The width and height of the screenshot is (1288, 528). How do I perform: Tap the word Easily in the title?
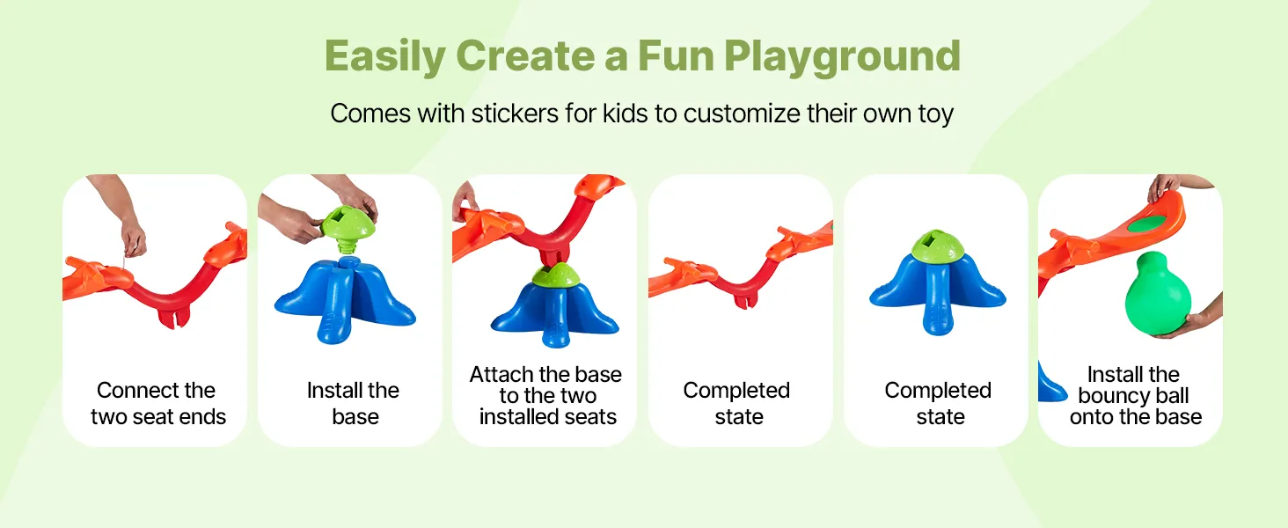pyautogui.click(x=384, y=57)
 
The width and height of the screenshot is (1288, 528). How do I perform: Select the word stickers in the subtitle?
pyautogui.click(x=515, y=114)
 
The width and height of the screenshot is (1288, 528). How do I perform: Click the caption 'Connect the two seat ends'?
pyautogui.click(x=157, y=403)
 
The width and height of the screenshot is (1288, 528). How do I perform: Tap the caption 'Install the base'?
pyautogui.click(x=353, y=403)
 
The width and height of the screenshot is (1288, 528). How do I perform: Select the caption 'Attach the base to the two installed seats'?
pyautogui.click(x=546, y=396)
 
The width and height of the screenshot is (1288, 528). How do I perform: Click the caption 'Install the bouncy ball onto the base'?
pyautogui.click(x=1135, y=396)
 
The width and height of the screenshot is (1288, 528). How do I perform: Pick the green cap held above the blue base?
pyautogui.click(x=348, y=225)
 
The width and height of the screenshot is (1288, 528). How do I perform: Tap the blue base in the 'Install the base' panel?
pyautogui.click(x=345, y=299)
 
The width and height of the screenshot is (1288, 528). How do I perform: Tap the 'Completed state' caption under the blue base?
pyautogui.click(x=938, y=403)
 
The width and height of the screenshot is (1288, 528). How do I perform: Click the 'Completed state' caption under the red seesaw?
pyautogui.click(x=736, y=403)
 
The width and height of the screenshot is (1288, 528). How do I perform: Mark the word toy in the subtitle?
pyautogui.click(x=935, y=114)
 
